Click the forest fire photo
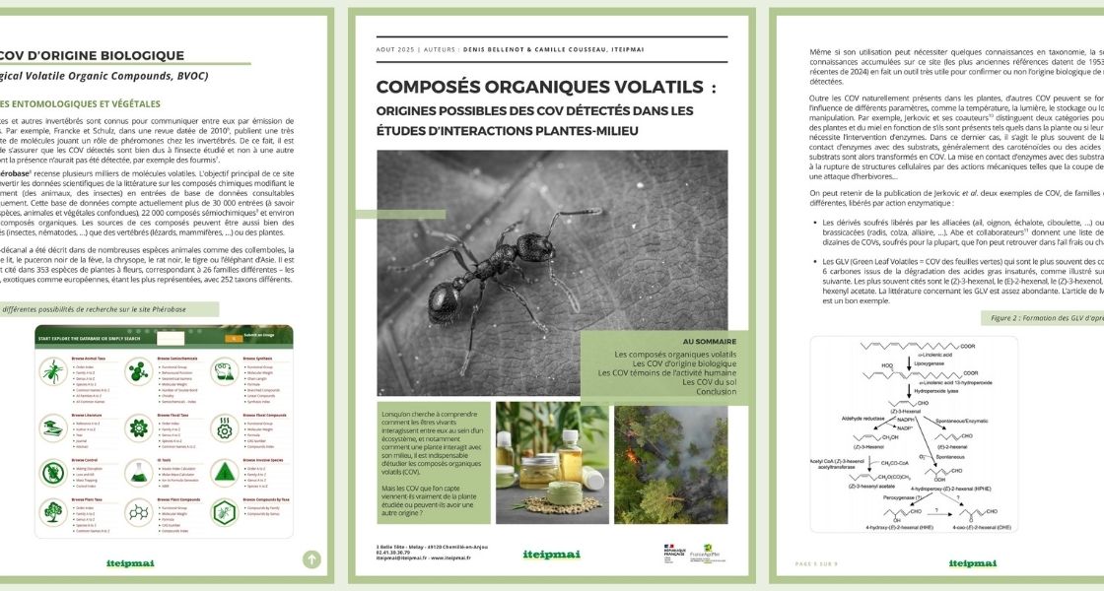pyautogui.click(x=670, y=462)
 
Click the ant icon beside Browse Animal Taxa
pyautogui.click(x=51, y=372)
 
